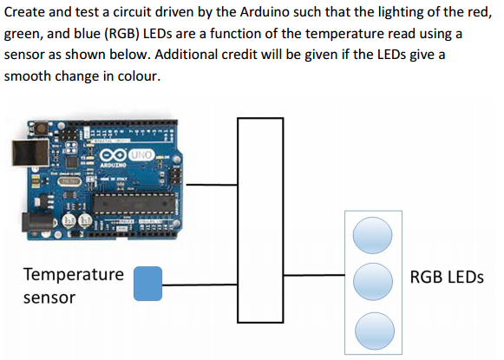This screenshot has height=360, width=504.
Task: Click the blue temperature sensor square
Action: (147, 283)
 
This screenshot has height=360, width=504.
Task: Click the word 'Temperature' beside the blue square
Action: (73, 275)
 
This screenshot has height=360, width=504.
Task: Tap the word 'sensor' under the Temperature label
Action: (49, 298)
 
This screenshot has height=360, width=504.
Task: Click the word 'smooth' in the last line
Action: (31, 75)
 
